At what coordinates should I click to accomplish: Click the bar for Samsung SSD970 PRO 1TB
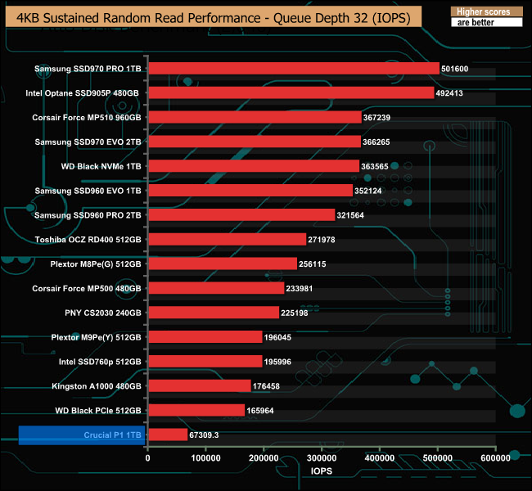click(293, 69)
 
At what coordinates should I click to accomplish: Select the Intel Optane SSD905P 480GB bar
click(291, 93)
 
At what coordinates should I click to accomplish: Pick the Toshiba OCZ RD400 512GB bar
click(227, 240)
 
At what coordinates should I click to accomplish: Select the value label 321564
click(353, 215)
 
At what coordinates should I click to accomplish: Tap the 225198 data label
click(297, 313)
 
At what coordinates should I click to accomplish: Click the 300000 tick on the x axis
click(322, 458)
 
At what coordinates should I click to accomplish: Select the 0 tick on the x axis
click(148, 458)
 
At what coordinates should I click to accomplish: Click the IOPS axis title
click(322, 472)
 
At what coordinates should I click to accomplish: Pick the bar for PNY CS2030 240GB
click(214, 313)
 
